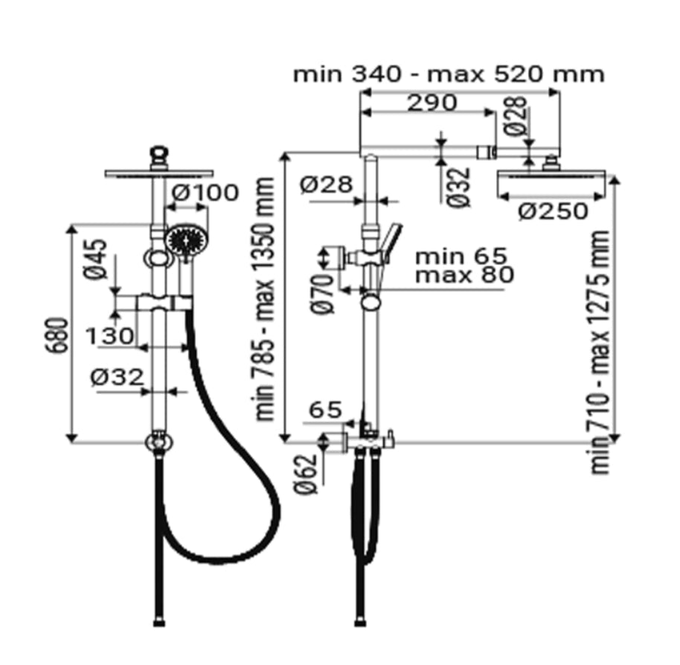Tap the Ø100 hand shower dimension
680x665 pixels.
point(205,193)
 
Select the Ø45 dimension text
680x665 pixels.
point(96,260)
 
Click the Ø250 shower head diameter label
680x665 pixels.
point(554,212)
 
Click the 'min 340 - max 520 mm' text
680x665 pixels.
point(449,74)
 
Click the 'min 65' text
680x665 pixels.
point(461,257)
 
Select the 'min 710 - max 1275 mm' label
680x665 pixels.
point(601,352)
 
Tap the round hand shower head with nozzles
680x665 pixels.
point(182,240)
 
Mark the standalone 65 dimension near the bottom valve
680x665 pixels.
point(324,410)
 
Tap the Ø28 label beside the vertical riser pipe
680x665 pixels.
point(326,184)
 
